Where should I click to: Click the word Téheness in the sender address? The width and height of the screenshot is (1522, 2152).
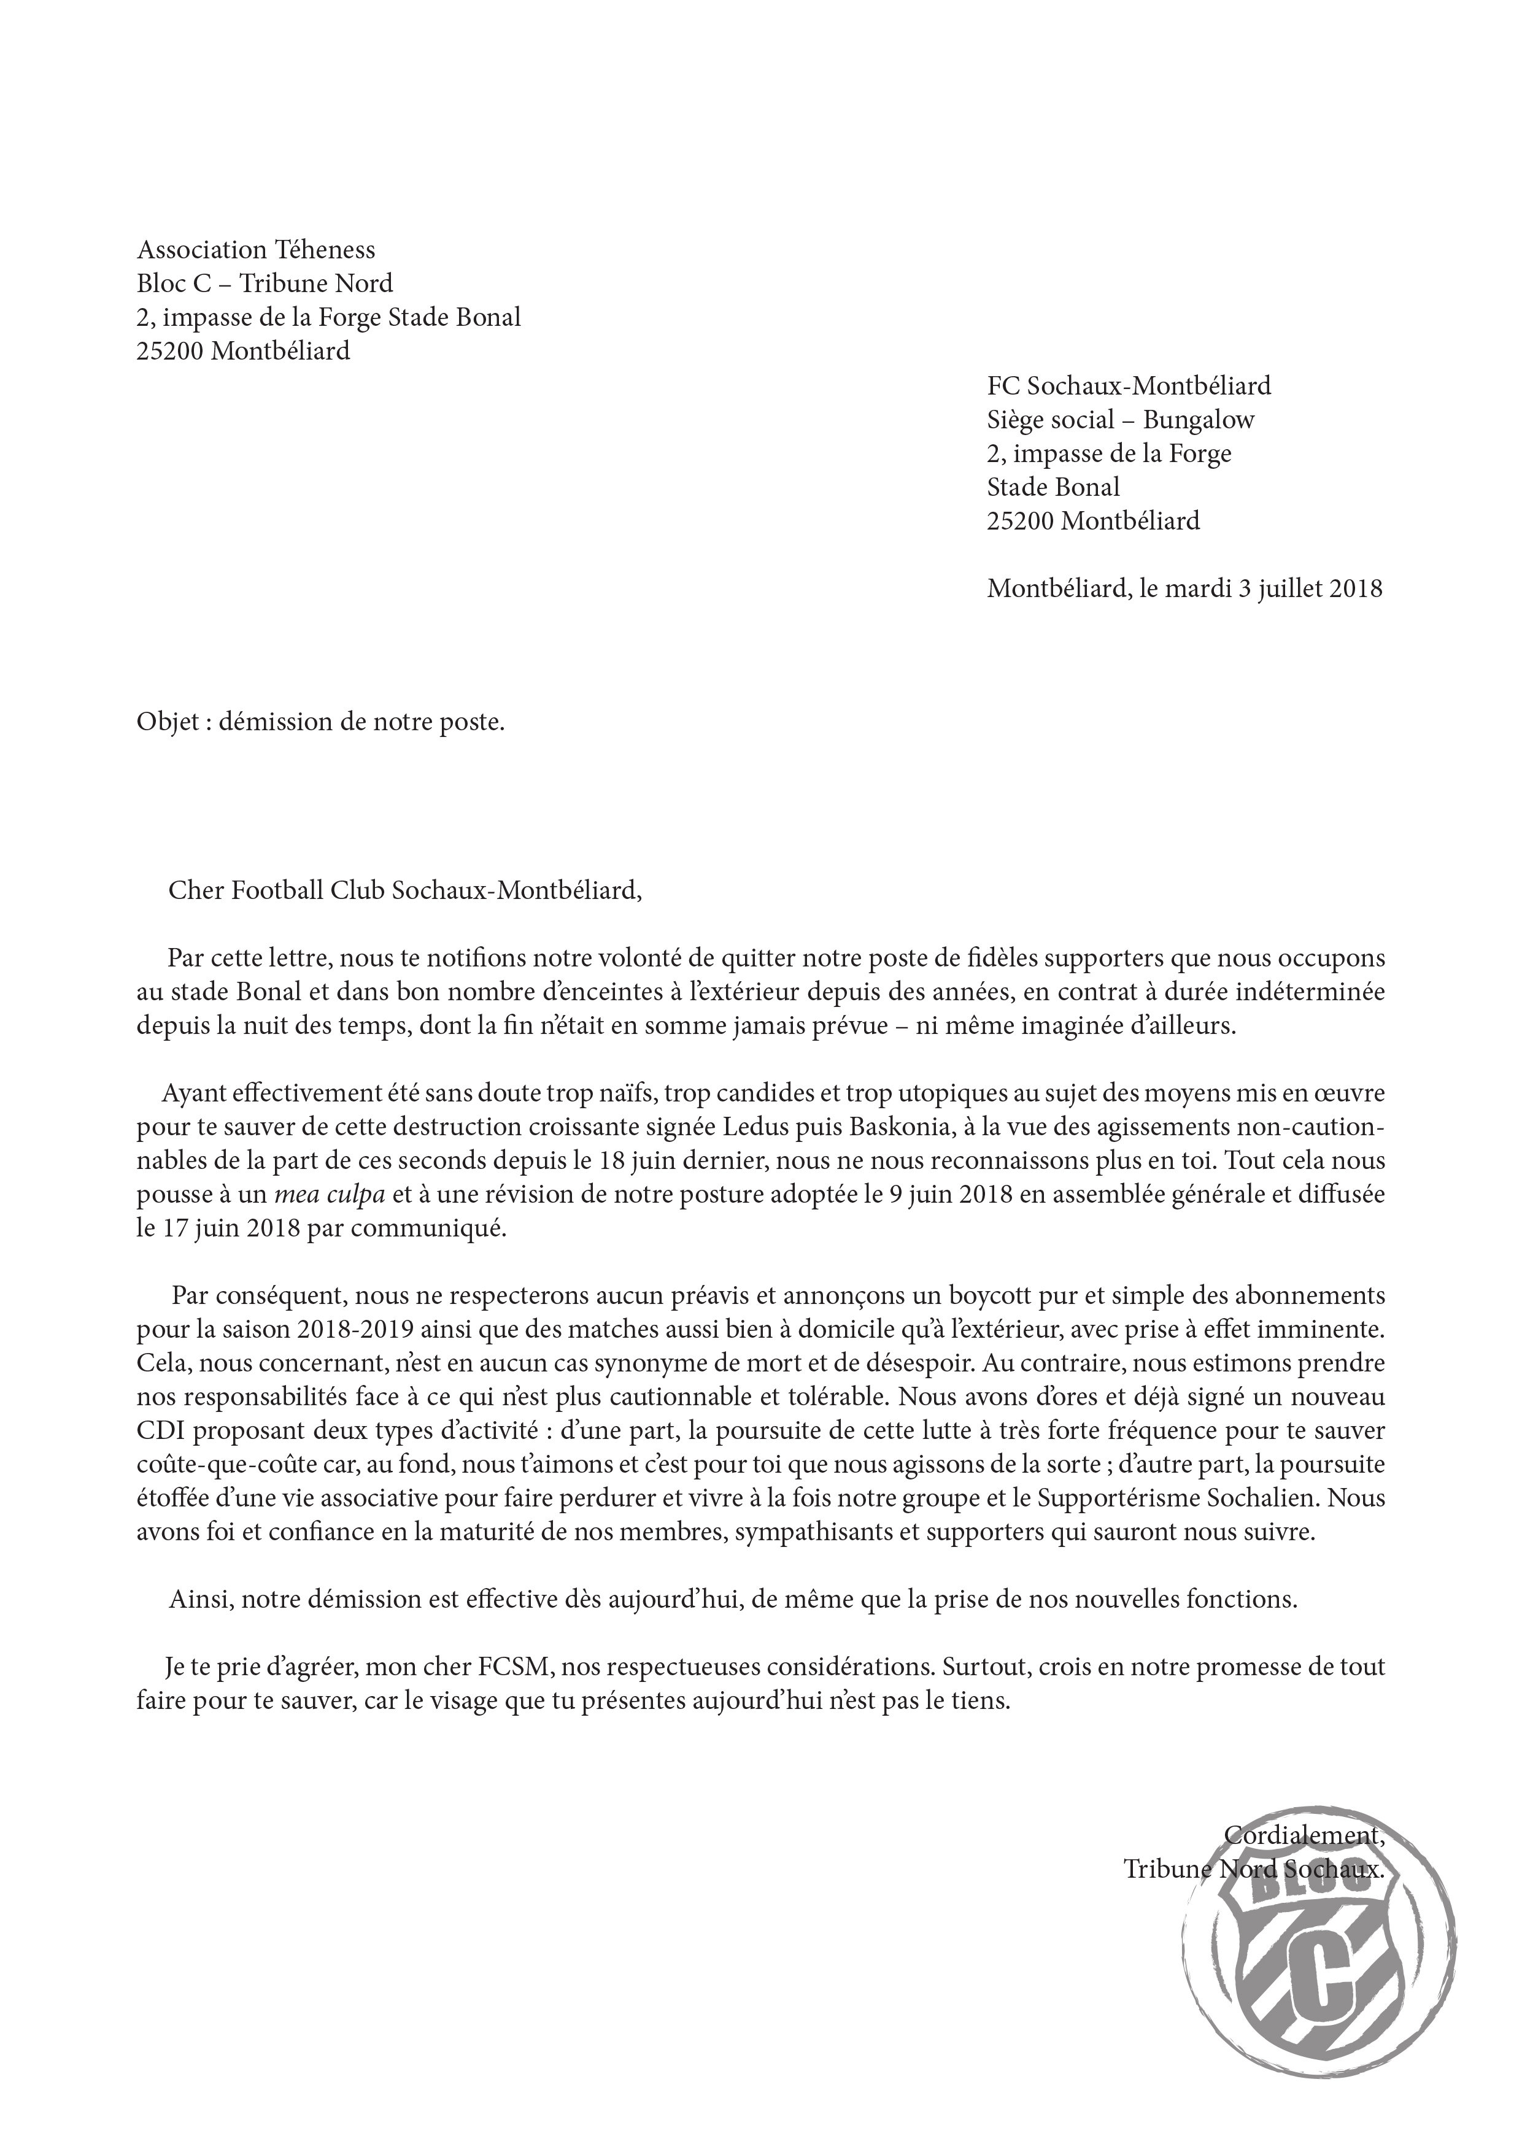pyautogui.click(x=324, y=250)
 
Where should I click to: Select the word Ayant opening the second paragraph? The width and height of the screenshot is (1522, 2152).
pyautogui.click(x=194, y=1093)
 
